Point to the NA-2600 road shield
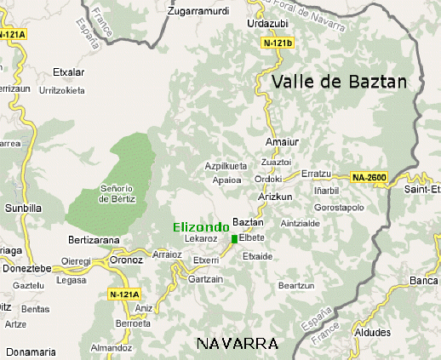(369, 177)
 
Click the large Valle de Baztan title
(340, 83)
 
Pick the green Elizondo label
(201, 227)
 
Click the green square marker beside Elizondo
(235, 239)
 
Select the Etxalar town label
(69, 72)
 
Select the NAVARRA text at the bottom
(237, 344)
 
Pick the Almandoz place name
(112, 348)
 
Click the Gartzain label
(206, 279)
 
